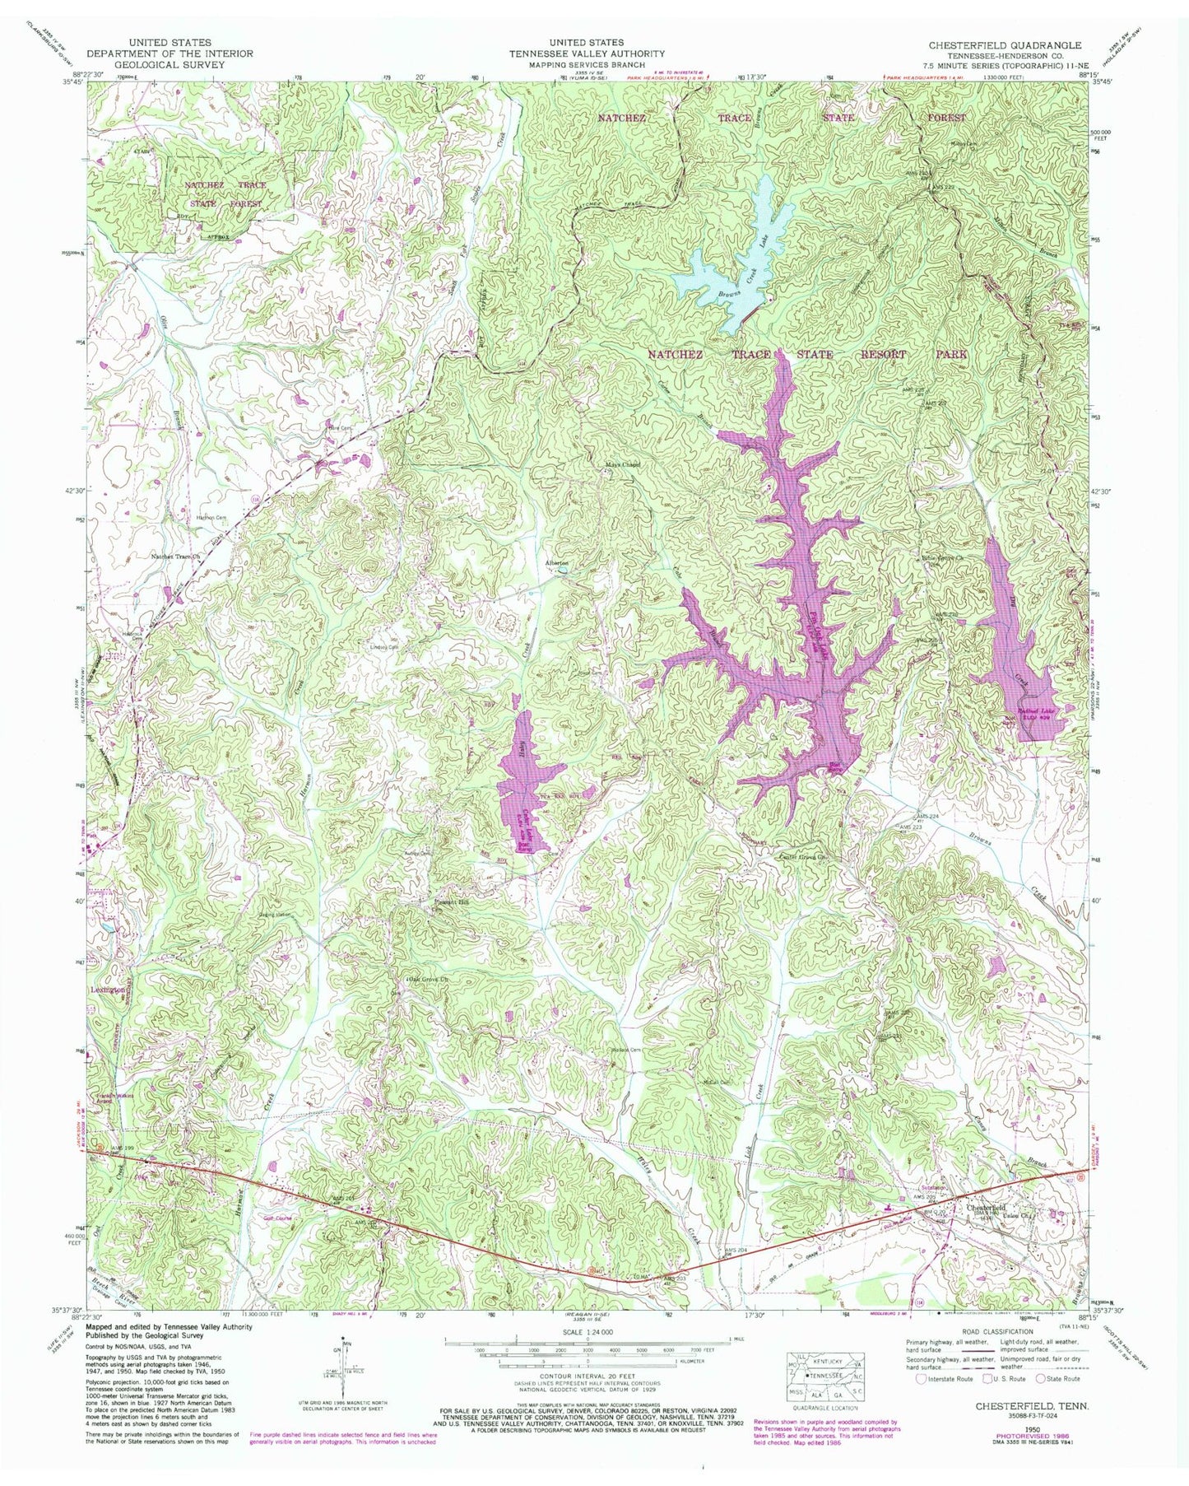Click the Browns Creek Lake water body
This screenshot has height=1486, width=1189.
pyautogui.click(x=724, y=272)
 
